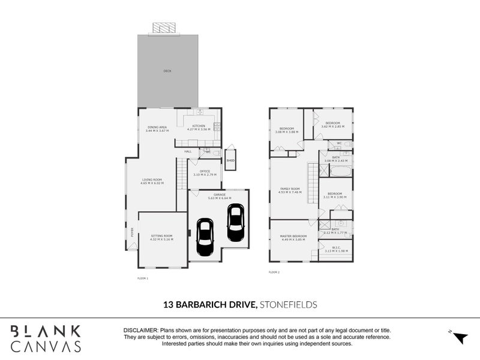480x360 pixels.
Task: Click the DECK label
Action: point(167,71)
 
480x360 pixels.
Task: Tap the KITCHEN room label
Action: point(199,127)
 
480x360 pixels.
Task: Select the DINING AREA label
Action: point(157,127)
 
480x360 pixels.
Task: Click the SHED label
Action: point(230,161)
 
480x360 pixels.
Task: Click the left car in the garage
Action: point(205,238)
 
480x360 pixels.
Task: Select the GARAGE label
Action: point(217,196)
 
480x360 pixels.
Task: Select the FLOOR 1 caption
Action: point(142,279)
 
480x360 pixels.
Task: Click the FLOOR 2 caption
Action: point(274,272)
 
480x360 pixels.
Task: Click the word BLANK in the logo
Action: point(46,331)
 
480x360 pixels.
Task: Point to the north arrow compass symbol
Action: point(459,337)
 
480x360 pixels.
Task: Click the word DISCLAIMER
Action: point(140,331)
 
